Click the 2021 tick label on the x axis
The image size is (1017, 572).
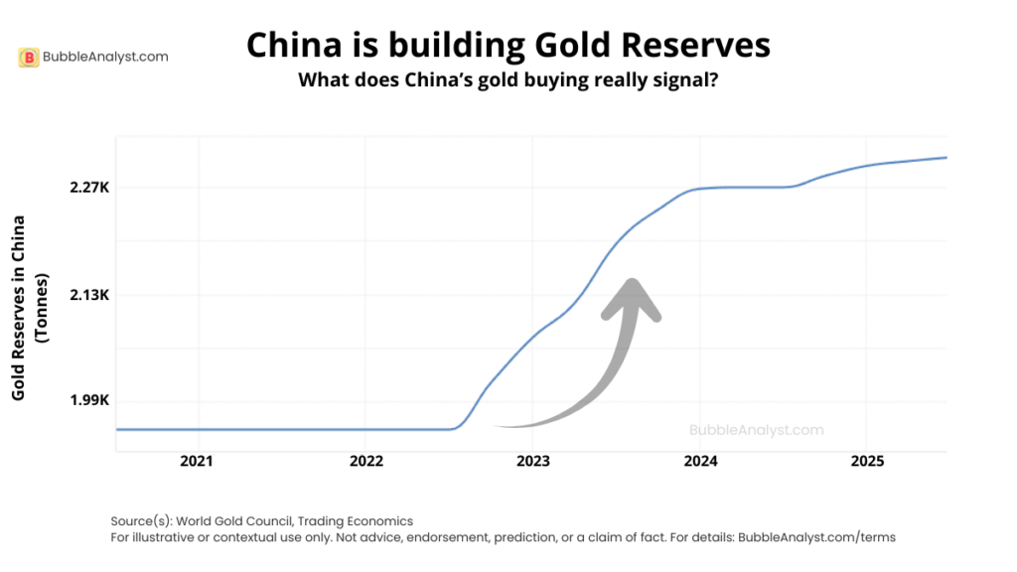pos(198,462)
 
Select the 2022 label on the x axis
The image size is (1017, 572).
pos(366,462)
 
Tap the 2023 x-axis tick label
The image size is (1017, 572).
pos(533,462)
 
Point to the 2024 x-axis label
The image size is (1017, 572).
pos(701,462)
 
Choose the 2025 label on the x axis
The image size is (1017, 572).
pos(868,462)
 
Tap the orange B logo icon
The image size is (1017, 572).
pos(29,58)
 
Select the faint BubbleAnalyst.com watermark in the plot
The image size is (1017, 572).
pos(756,430)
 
